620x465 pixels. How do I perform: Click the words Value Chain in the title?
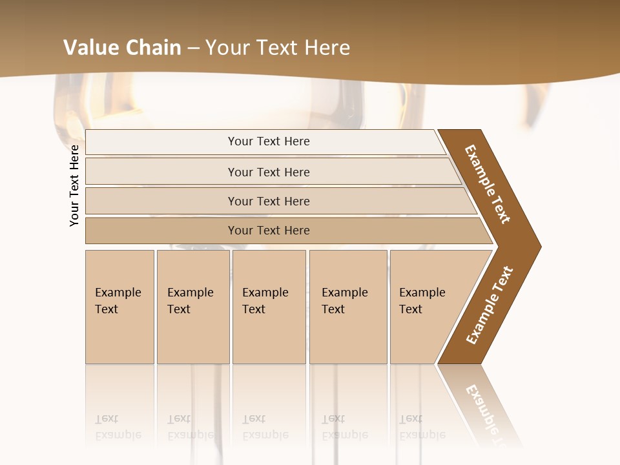pyautogui.click(x=121, y=48)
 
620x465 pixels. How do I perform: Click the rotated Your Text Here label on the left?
pyautogui.click(x=74, y=185)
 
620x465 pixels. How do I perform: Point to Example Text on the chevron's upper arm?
pyautogui.click(x=488, y=184)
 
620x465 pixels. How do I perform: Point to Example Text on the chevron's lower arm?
pyautogui.click(x=490, y=305)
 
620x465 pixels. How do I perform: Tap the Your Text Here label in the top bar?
pyautogui.click(x=269, y=141)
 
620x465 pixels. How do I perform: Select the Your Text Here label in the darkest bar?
pyautogui.click(x=269, y=231)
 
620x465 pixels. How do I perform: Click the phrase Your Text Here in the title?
pyautogui.click(x=278, y=48)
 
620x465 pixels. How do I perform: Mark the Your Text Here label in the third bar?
pyautogui.click(x=269, y=201)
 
